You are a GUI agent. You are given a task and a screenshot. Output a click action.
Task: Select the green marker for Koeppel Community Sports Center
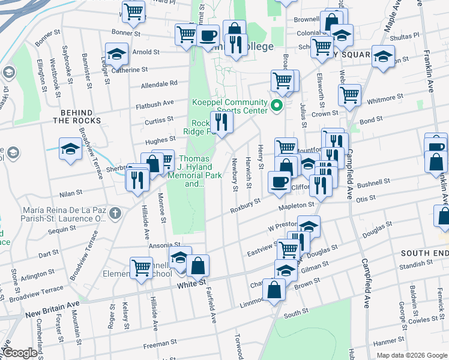coord(276,107)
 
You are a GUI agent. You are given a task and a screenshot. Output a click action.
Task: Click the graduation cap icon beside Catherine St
coord(116,53)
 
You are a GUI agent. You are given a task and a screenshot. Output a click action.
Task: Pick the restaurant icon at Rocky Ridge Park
coord(221,122)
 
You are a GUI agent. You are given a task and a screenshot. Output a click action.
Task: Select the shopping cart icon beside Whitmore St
coord(349,94)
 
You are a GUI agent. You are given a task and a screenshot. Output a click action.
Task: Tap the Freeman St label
coord(159,345)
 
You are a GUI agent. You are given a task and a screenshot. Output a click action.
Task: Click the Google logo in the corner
coord(20,353)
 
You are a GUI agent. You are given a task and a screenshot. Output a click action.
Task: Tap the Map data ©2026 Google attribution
coord(411,355)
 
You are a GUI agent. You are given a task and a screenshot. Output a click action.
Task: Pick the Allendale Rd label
coord(159,84)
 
